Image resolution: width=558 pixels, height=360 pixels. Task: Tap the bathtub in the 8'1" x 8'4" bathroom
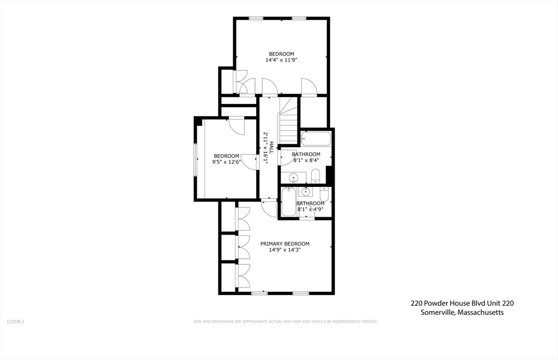[316, 139]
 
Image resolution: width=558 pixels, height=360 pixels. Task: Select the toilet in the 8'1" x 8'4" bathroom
[316, 175]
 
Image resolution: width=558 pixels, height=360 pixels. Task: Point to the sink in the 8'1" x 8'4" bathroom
[293, 177]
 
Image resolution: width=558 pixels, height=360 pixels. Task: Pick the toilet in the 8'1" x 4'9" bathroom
[324, 194]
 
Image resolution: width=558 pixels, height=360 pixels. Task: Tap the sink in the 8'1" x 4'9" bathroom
[306, 192]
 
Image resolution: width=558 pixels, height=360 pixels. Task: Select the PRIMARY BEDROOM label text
[284, 243]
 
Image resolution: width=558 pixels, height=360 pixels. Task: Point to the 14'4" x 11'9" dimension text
[281, 60]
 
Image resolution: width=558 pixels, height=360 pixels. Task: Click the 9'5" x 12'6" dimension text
[226, 162]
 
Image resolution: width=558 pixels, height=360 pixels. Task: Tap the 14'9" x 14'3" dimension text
[284, 250]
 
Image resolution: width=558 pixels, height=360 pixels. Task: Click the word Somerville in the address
[438, 313]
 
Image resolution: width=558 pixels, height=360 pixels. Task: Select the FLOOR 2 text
[15, 322]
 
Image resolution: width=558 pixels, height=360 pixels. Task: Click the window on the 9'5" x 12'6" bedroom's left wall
[196, 160]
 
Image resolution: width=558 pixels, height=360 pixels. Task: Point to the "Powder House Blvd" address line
[462, 303]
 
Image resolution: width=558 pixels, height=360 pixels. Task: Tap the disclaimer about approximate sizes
[286, 322]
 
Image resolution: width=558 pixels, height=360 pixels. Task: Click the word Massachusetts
[481, 313]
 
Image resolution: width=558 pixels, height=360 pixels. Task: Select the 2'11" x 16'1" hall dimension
[265, 147]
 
